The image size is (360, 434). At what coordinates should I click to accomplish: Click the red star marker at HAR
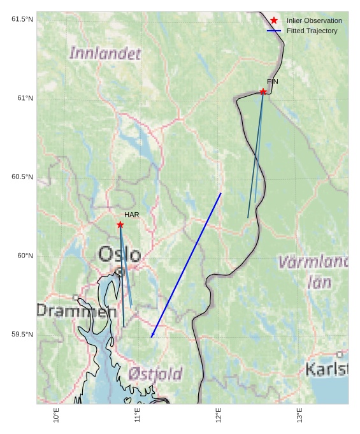pyautogui.click(x=120, y=224)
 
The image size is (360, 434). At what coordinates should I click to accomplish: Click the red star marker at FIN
pyautogui.click(x=263, y=92)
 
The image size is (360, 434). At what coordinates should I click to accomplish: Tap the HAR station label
pyautogui.click(x=131, y=215)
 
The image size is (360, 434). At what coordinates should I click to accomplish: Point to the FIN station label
pyautogui.click(x=272, y=82)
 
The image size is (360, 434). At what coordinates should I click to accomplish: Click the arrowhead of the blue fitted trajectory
pyautogui.click(x=152, y=336)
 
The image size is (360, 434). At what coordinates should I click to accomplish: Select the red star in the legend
pyautogui.click(x=274, y=20)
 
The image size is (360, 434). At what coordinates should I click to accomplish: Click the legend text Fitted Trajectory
pyautogui.click(x=312, y=31)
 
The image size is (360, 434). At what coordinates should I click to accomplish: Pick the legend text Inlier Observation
pyautogui.click(x=314, y=20)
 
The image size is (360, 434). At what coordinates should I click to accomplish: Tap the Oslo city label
pyautogui.click(x=119, y=254)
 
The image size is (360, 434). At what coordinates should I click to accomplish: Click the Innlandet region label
pyautogui.click(x=105, y=54)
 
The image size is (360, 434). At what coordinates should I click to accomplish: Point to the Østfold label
pyautogui.click(x=155, y=373)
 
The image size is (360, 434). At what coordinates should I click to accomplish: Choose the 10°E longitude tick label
pyautogui.click(x=57, y=415)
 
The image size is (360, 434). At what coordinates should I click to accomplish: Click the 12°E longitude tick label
pyautogui.click(x=219, y=415)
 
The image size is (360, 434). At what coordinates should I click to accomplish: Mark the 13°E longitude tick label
pyautogui.click(x=300, y=415)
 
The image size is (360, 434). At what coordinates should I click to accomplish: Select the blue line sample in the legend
pyautogui.click(x=274, y=31)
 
